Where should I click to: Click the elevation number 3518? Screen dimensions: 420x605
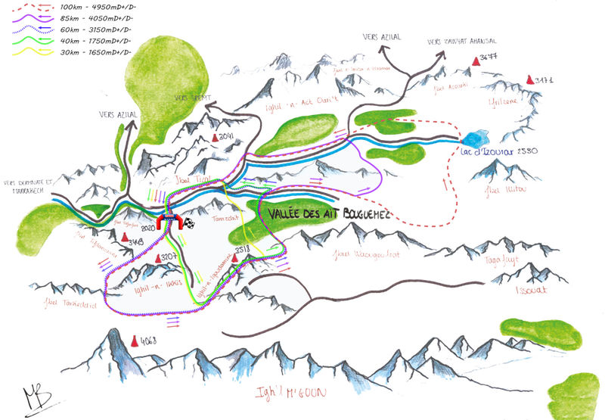click(243, 249)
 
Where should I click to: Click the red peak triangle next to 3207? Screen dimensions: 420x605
click(160, 259)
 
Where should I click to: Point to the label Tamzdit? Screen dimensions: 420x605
click(227, 216)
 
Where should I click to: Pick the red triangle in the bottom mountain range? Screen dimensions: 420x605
click(135, 342)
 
